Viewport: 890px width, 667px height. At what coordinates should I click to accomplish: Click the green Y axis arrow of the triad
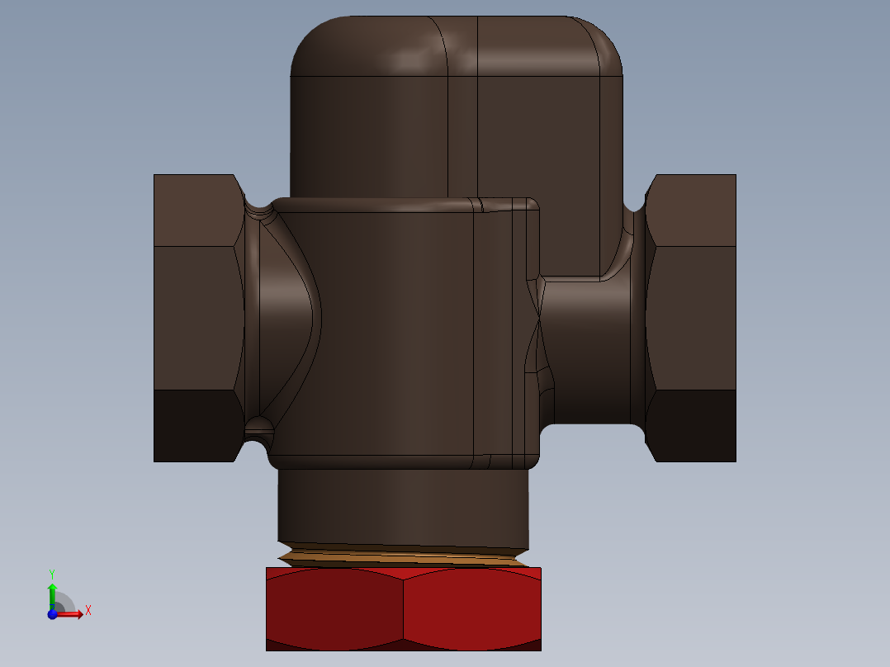[x=51, y=592]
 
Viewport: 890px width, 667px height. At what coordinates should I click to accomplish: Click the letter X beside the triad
[x=88, y=611]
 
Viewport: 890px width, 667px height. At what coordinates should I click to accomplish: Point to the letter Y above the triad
[x=51, y=573]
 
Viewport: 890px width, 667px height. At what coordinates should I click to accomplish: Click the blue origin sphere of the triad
[x=52, y=613]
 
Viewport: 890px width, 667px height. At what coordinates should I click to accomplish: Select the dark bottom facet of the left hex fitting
[x=195, y=425]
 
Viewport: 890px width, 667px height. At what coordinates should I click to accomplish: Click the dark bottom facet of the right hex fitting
[x=694, y=425]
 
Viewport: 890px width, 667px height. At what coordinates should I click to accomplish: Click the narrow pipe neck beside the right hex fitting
[x=590, y=351]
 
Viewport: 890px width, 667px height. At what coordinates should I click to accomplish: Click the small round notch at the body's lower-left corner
[x=258, y=428]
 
